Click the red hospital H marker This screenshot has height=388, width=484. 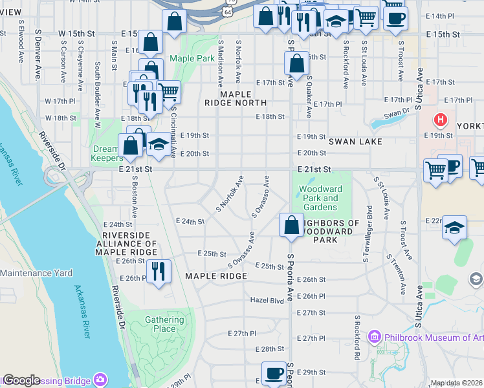(x=441, y=120)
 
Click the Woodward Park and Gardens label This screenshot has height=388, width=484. (x=320, y=198)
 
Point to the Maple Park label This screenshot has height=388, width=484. (x=192, y=59)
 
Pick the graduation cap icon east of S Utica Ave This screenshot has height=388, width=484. (x=455, y=228)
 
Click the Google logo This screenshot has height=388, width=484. (x=21, y=380)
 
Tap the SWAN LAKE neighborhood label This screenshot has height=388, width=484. (x=355, y=141)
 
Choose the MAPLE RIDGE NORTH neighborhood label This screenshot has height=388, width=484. (x=235, y=98)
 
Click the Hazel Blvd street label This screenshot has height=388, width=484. (x=267, y=301)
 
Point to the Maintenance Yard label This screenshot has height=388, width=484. (x=36, y=273)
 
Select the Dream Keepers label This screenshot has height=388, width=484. (x=107, y=153)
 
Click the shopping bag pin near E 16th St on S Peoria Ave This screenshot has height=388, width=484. (x=296, y=63)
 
